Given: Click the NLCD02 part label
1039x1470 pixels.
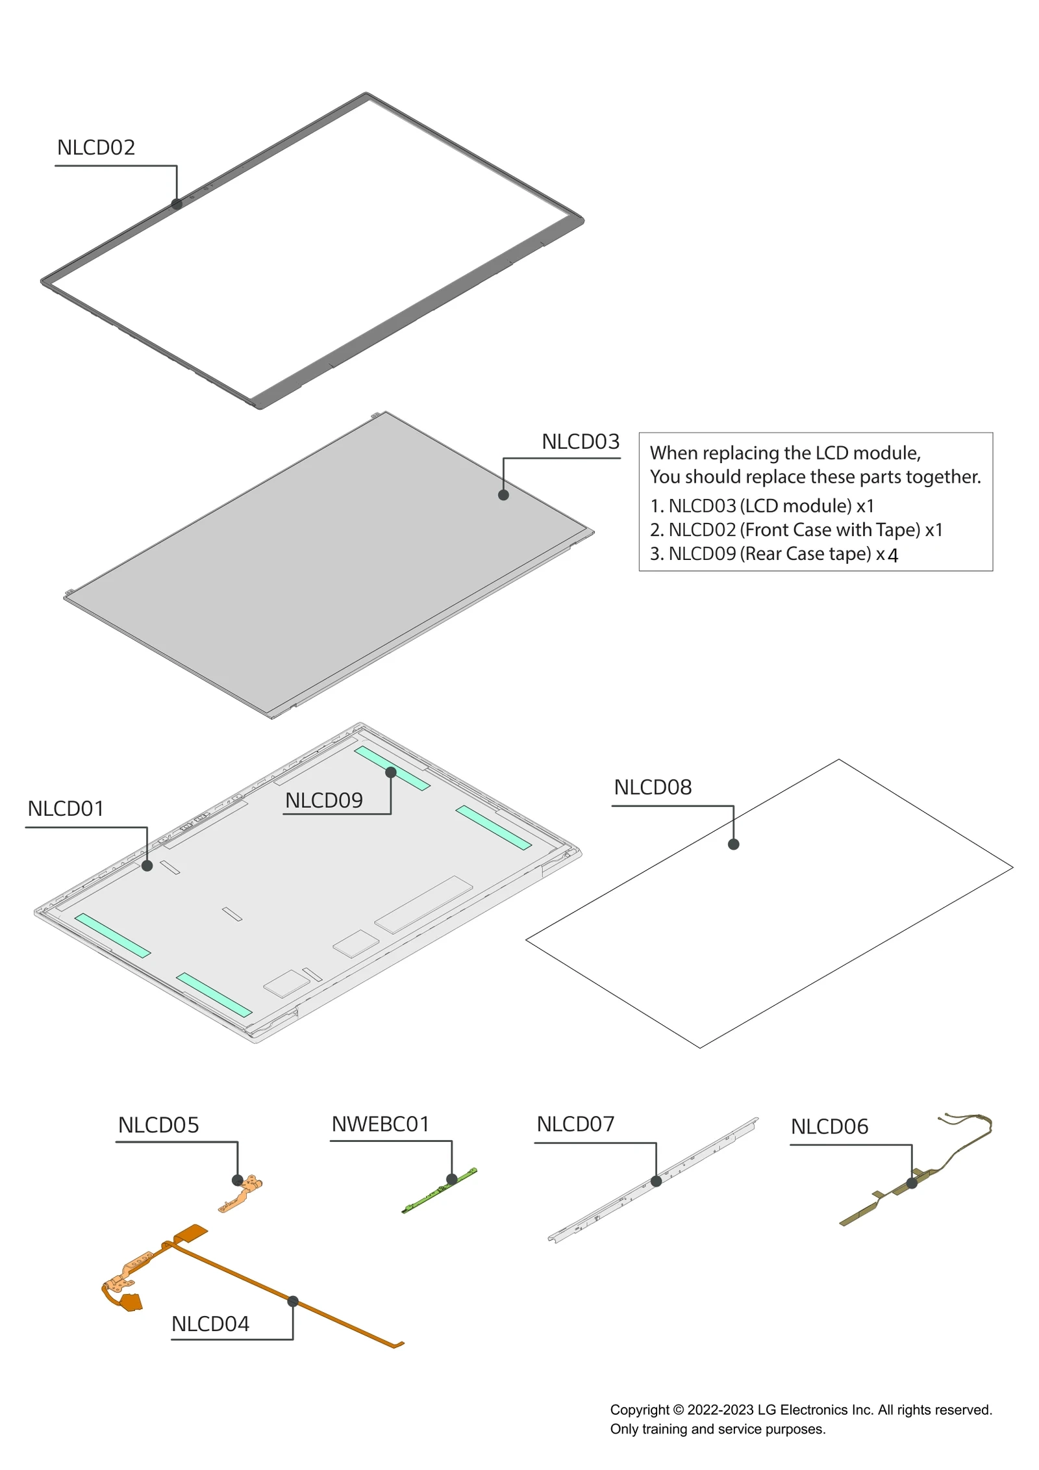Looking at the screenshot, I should (95, 147).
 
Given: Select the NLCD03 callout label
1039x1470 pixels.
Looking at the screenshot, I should (580, 442).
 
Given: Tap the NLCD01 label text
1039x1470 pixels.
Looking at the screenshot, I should (66, 809).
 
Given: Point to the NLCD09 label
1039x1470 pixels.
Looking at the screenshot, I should (323, 800).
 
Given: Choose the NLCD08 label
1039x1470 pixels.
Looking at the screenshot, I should (652, 787).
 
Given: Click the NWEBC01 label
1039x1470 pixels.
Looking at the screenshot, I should (380, 1124).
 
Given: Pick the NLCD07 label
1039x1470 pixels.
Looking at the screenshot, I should (575, 1124).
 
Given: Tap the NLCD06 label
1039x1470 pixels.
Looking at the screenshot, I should (829, 1127).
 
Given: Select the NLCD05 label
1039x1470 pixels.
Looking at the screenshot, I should (158, 1126).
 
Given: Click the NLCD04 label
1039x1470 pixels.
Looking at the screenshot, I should (210, 1324).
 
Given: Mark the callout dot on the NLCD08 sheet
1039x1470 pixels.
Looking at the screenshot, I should (733, 844).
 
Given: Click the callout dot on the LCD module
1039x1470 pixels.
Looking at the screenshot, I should (503, 495).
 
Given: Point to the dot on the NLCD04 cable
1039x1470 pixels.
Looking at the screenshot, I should (293, 1302).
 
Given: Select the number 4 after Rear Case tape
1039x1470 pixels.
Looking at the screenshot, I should (893, 555).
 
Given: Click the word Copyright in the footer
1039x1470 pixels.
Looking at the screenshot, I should (639, 1410).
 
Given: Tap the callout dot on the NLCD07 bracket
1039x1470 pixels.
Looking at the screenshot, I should (656, 1182).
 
